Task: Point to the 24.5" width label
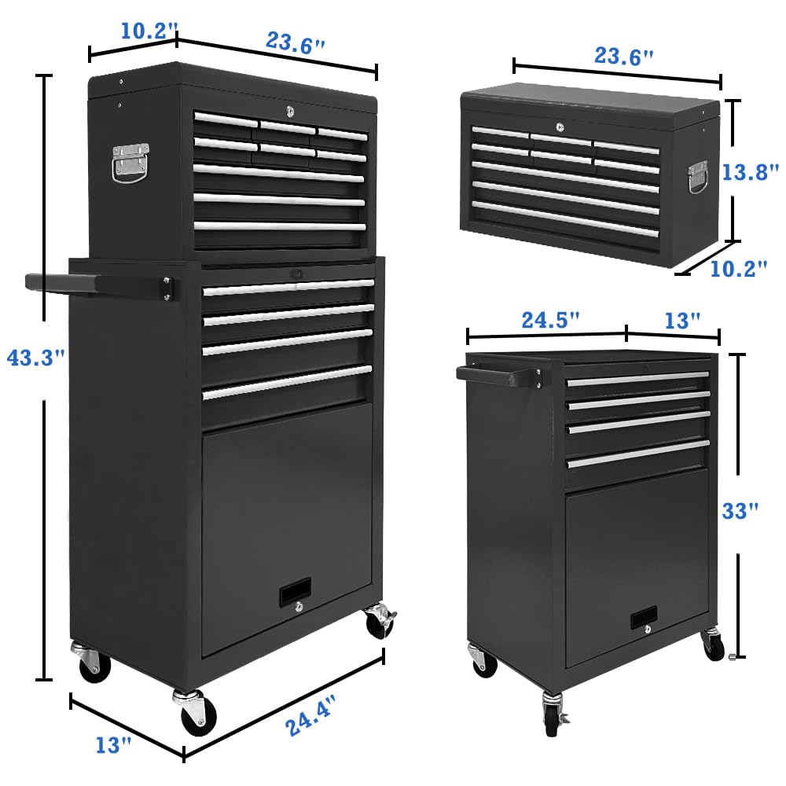click(x=551, y=320)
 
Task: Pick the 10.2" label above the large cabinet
click(x=145, y=31)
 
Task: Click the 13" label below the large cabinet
click(x=112, y=744)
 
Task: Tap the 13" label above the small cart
click(x=681, y=321)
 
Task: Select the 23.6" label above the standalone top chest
click(x=621, y=57)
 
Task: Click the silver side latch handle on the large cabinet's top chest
click(x=130, y=162)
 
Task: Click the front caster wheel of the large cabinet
click(x=193, y=712)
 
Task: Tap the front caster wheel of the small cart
click(x=553, y=714)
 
